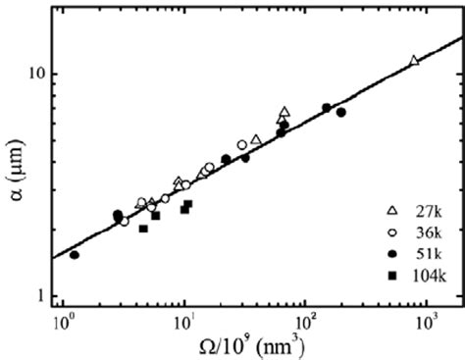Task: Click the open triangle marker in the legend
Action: click(391, 211)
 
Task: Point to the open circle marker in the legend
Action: click(391, 232)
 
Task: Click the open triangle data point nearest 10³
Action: click(413, 61)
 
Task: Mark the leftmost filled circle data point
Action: click(75, 255)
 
